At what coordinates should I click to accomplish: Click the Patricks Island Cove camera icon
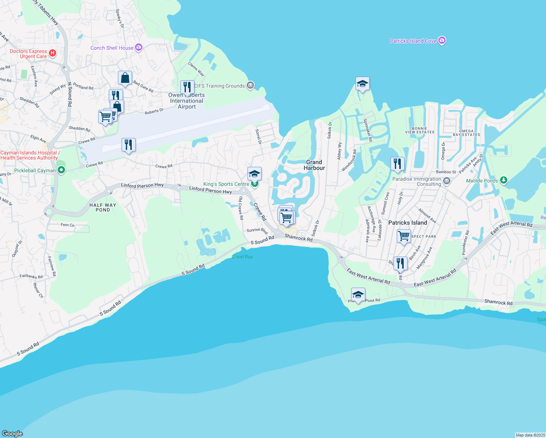coord(442,41)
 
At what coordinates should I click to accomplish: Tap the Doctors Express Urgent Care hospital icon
coord(53,53)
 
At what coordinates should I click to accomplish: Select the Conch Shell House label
coord(112,48)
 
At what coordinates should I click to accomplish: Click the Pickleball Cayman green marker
coord(61,170)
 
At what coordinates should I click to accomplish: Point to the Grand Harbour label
coord(314,165)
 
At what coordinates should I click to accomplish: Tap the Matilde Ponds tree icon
coord(504,180)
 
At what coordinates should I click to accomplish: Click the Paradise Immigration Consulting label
coord(417,181)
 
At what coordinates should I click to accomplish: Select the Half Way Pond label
coord(103,207)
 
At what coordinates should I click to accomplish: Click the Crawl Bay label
coord(242,257)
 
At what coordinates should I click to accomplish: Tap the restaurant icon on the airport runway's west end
coord(128,145)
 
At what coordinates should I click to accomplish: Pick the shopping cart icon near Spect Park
coord(404,236)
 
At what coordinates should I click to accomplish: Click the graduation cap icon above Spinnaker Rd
coord(362,84)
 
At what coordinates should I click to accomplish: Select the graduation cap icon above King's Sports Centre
coord(254,174)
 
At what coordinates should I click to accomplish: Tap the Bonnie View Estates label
coord(419,130)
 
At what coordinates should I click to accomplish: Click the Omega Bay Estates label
coord(466,132)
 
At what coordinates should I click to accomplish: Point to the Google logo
coord(12,433)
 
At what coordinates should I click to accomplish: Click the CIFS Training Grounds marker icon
coord(250,85)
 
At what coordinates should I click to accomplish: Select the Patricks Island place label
coord(407,223)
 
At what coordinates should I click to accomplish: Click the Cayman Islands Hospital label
coord(29,155)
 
